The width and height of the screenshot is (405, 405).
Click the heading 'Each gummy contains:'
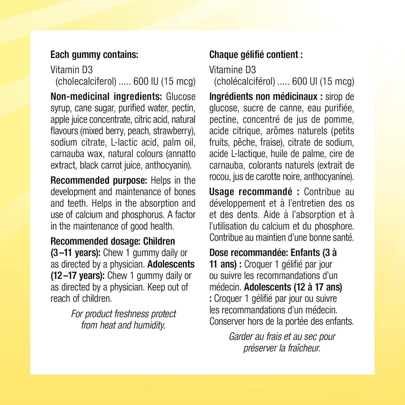[x=94, y=55]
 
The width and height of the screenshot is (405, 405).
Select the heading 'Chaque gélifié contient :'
[x=256, y=55]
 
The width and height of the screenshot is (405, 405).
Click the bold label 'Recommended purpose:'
[x=99, y=180]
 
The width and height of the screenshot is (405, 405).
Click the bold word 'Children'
[x=159, y=241]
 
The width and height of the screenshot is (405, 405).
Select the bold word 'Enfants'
[x=305, y=253]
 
